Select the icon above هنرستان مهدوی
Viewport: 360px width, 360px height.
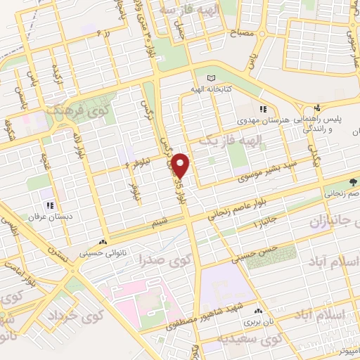tap(264, 109)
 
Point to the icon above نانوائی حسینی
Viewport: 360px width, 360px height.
tap(105, 239)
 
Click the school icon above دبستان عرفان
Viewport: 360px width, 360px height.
tap(49, 205)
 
